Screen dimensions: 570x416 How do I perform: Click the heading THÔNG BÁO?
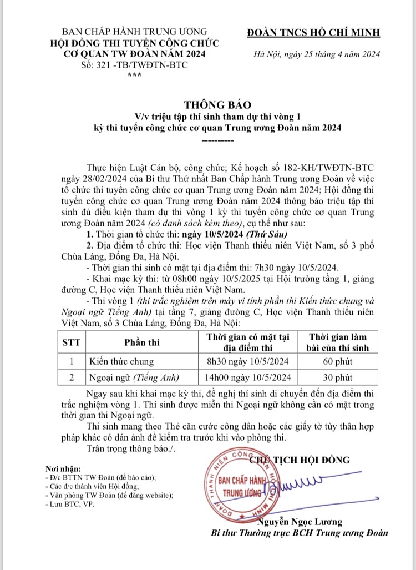[x=210, y=104]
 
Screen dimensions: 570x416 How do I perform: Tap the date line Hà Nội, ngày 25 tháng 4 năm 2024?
[x=316, y=54]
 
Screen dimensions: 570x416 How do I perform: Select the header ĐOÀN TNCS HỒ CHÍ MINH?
[x=314, y=32]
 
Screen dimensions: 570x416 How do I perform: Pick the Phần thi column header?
[x=142, y=342]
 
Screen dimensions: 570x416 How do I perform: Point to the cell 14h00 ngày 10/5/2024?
[x=248, y=377]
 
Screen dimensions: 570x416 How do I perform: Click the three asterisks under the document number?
[x=133, y=76]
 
